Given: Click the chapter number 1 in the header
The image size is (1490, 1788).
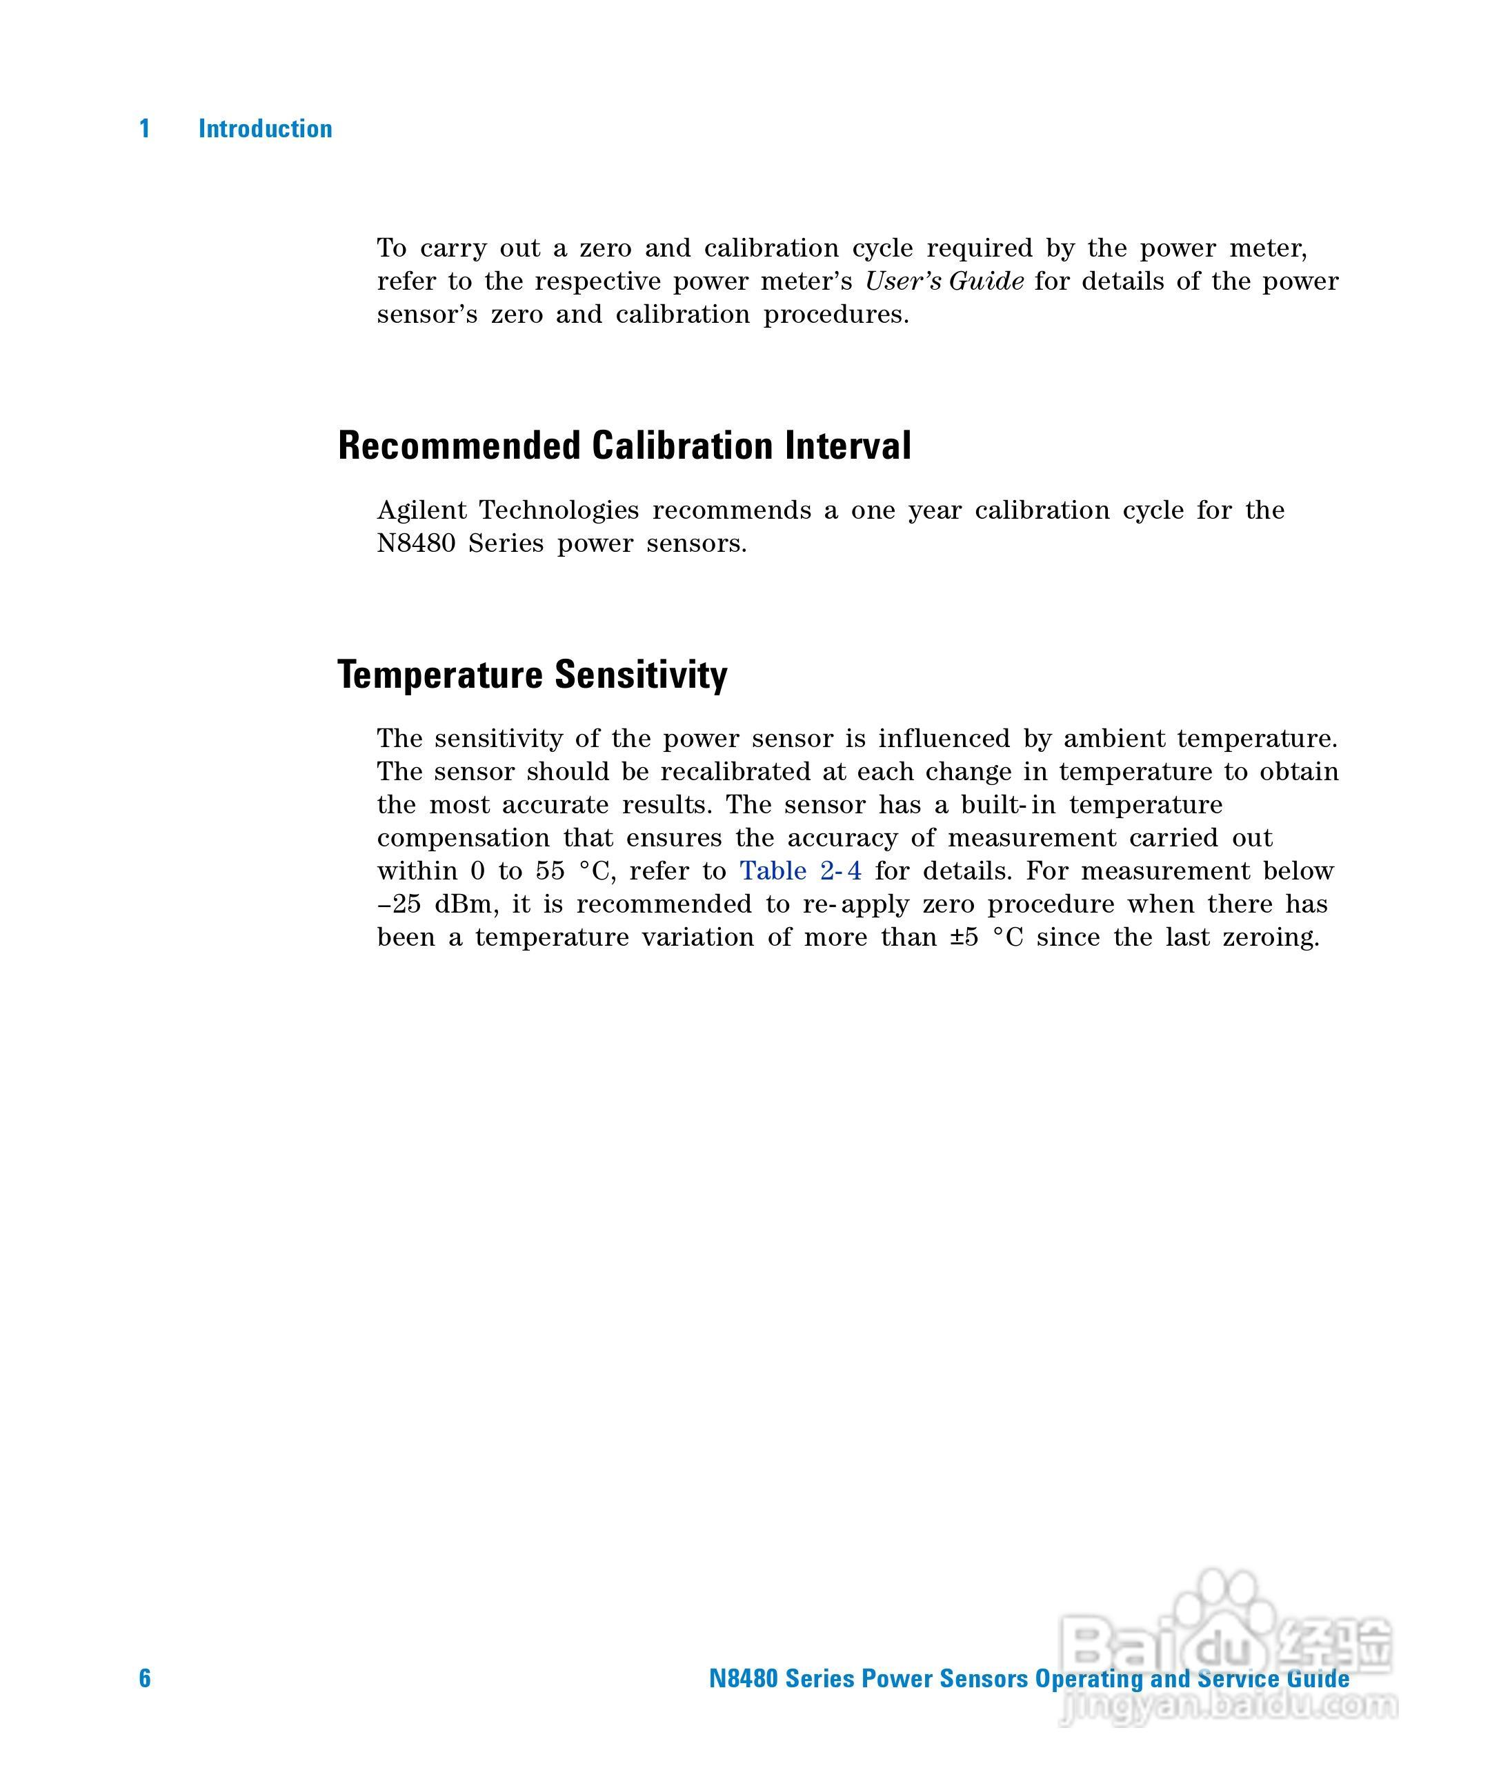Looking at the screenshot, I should (145, 128).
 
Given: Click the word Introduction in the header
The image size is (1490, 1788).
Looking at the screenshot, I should (265, 128).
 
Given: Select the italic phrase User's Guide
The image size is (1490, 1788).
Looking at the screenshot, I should (944, 281).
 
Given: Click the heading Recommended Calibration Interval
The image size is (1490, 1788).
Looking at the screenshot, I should (624, 446).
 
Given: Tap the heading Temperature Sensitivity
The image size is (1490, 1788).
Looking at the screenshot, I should (532, 675).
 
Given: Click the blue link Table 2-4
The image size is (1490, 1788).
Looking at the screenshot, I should (799, 871).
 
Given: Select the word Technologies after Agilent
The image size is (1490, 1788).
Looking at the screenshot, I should (559, 510).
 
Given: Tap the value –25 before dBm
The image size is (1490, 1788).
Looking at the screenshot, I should (399, 904).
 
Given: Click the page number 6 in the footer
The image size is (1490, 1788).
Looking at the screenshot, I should (145, 1678).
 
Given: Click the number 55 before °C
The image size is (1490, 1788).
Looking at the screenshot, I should (550, 871).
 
